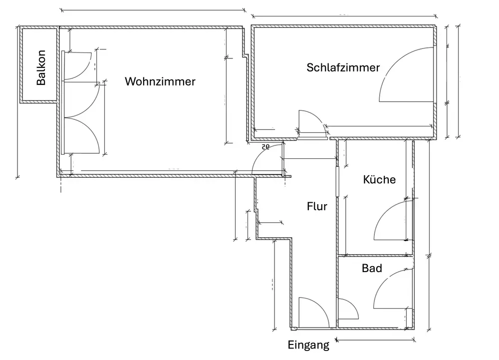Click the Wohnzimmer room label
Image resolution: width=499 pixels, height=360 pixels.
(x=160, y=81)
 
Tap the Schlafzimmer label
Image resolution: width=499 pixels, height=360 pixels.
(x=343, y=67)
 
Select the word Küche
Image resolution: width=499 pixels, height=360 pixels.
(x=379, y=179)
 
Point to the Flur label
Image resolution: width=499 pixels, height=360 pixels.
(x=317, y=206)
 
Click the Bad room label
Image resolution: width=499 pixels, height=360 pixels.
(x=372, y=269)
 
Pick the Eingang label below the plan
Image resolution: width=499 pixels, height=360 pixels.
(x=308, y=345)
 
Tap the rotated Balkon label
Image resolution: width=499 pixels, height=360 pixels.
(x=41, y=67)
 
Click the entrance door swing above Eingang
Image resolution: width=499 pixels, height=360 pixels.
(x=312, y=312)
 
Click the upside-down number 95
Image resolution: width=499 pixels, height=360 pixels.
(x=265, y=146)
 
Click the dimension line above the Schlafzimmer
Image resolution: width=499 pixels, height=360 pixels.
(x=344, y=16)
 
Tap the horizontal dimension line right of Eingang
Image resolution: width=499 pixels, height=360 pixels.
(x=376, y=340)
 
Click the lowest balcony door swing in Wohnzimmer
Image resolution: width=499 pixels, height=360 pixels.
(x=82, y=135)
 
